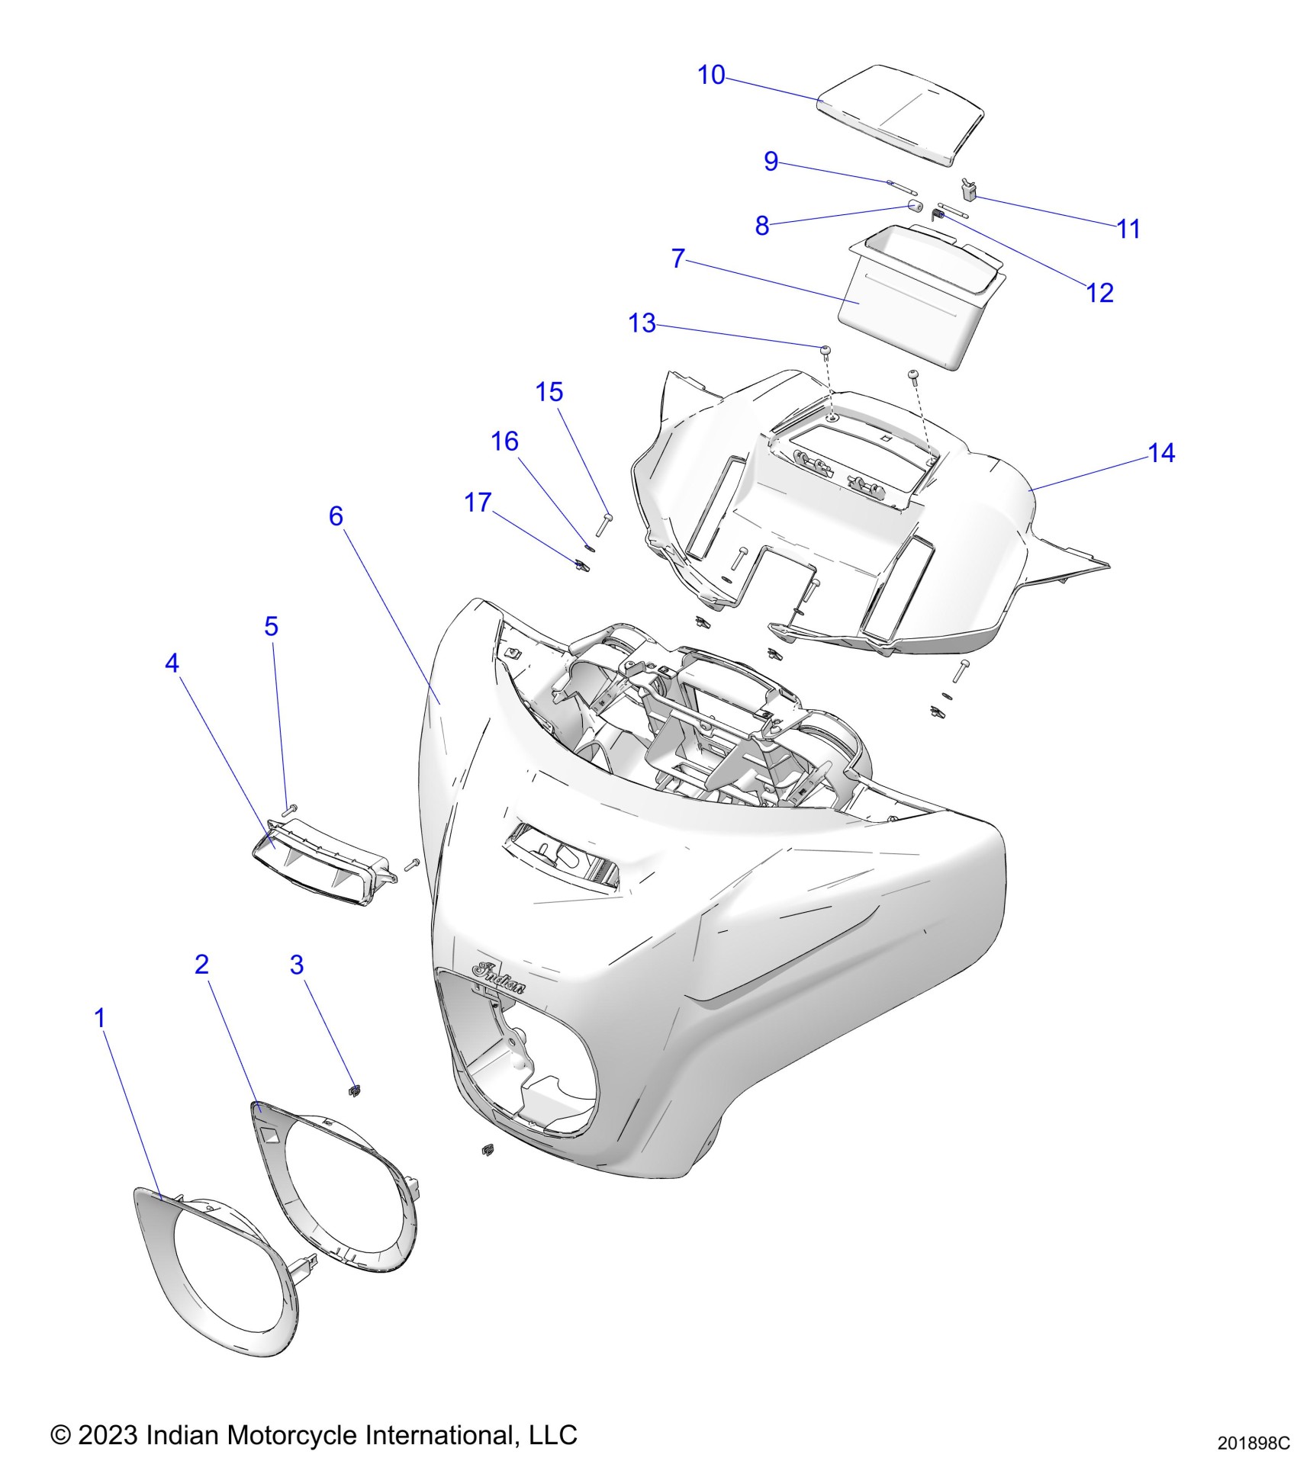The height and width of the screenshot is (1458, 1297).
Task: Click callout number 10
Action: point(711,75)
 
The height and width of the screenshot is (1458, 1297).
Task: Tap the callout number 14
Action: point(1161,454)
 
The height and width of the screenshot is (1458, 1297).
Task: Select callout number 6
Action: point(336,516)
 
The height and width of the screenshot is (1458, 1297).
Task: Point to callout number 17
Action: point(478,503)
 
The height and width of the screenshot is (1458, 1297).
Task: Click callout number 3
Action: point(297,965)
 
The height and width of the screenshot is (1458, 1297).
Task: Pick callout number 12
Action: point(1099,293)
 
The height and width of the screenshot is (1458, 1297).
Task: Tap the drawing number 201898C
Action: point(1253,1444)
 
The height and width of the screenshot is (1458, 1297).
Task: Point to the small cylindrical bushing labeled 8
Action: point(915,207)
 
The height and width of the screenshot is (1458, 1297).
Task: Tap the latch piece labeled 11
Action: point(970,188)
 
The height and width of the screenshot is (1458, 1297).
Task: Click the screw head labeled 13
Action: point(826,348)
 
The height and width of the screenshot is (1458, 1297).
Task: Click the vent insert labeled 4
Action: point(320,862)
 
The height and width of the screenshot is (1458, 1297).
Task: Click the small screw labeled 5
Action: point(289,808)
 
